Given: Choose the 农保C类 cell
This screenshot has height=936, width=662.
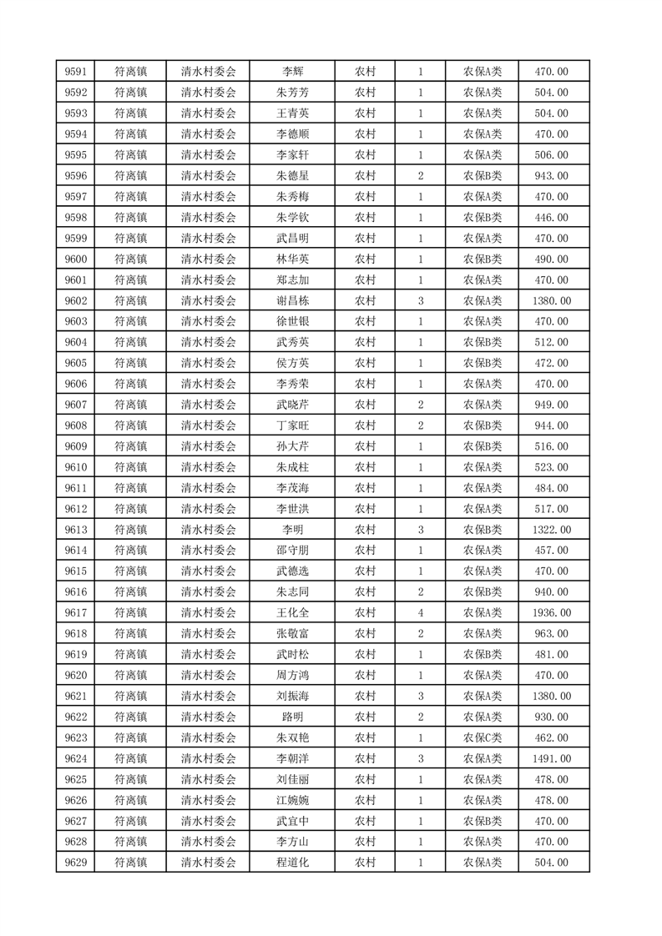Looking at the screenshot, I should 483,737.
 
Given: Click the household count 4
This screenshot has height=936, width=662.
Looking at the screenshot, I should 420,613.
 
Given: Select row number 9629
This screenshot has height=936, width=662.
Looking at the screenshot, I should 76,863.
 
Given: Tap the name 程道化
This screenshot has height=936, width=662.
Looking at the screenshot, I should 292,863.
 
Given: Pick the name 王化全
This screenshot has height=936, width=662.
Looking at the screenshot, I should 292,613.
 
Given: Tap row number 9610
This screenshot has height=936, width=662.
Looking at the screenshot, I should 76,467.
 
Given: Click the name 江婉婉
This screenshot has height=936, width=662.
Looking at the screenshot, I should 292,800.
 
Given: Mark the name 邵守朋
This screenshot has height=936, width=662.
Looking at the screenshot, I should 292,551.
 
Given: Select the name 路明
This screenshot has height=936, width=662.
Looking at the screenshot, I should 292,717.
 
